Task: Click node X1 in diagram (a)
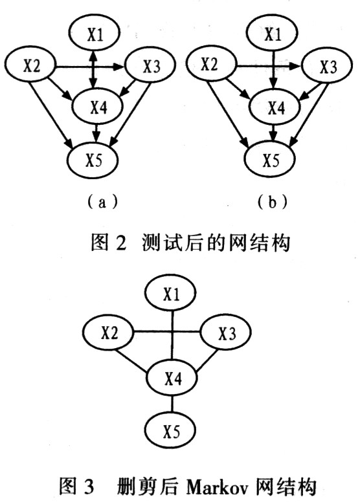tap(95, 32)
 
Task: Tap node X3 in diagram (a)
tap(150, 66)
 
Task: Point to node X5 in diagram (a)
tap(93, 159)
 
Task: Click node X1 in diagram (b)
tap(272, 32)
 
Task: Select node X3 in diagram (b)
tap(328, 66)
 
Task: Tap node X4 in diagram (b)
tap(275, 107)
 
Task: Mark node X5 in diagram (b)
tap(269, 159)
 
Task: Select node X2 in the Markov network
tap(108, 333)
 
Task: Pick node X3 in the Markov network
tap(226, 333)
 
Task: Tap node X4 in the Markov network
tap(172, 378)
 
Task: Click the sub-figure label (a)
tap(102, 203)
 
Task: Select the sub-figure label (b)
tap(272, 203)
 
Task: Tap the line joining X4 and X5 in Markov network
tap(172, 404)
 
